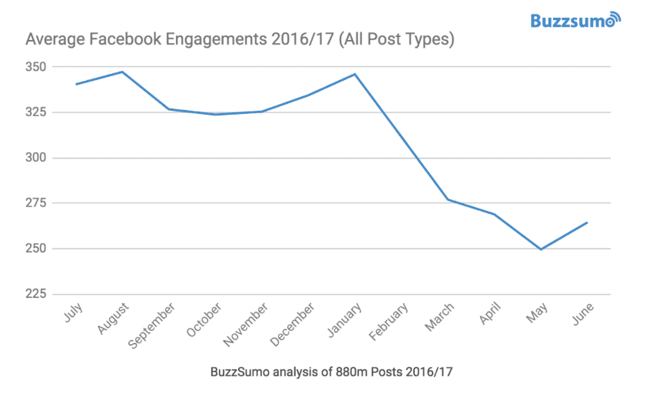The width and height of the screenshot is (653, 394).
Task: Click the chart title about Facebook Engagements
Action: coord(240,38)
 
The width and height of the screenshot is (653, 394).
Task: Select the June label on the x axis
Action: coord(581,313)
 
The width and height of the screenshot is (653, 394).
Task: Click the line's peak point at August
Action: coord(121,72)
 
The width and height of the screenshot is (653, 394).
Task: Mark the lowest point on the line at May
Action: coord(541,249)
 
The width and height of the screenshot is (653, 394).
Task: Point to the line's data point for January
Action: coord(354,74)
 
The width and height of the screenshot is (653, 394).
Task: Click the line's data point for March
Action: coord(448,199)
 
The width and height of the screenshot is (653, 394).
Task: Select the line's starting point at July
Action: coord(75,84)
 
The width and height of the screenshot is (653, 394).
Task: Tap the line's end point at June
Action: coord(587,222)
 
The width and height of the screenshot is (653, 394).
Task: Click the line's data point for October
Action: coord(215,115)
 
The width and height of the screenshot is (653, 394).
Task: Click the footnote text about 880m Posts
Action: coord(330,372)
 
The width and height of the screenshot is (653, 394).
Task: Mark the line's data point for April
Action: coord(494,214)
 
